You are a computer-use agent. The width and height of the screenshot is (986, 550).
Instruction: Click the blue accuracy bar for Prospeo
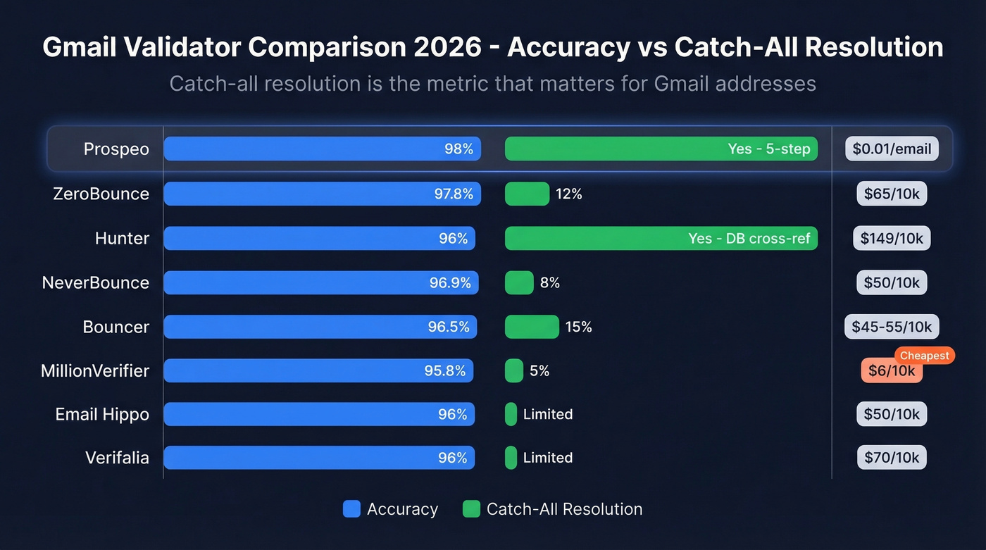pos(322,149)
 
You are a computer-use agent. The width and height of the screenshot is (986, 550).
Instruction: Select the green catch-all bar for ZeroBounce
pos(527,194)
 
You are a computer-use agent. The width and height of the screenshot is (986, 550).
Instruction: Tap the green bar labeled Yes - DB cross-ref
pos(661,238)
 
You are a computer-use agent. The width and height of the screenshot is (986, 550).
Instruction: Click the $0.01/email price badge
pos(892,149)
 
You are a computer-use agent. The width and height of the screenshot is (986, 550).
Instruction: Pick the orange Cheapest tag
pos(924,356)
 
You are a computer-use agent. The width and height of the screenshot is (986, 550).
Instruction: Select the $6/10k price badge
pos(891,371)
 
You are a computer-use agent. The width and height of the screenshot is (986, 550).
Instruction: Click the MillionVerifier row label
pos(95,370)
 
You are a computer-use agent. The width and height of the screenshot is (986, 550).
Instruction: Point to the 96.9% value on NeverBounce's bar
pos(450,282)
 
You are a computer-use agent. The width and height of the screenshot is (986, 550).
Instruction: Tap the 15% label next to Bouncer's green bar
pos(578,327)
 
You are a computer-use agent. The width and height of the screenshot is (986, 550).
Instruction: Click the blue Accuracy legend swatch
pos(351,508)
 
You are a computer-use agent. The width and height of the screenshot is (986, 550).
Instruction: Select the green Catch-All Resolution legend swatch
pos(471,508)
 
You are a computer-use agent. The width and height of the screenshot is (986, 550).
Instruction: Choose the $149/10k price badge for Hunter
pos(892,238)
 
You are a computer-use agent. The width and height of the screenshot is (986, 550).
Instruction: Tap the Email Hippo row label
pos(102,414)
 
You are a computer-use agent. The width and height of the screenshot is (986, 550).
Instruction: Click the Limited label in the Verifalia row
pos(547,458)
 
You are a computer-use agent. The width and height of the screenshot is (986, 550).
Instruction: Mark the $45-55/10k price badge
pos(892,327)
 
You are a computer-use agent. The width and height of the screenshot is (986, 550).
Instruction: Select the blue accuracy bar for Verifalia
pos(319,458)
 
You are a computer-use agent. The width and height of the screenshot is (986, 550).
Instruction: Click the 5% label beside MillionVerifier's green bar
pos(539,370)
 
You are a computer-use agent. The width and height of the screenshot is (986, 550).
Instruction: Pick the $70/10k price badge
pos(892,458)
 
